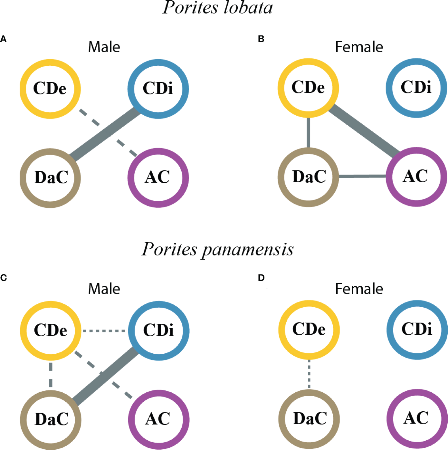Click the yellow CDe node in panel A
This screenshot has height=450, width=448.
(x=50, y=89)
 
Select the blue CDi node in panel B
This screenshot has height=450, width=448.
(x=416, y=88)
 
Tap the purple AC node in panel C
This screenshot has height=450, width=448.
(x=158, y=419)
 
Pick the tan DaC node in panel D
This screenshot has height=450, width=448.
(x=309, y=418)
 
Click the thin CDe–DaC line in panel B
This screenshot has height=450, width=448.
(x=309, y=133)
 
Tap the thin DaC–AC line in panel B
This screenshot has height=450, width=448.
(x=362, y=176)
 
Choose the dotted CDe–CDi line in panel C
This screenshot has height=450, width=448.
(x=104, y=331)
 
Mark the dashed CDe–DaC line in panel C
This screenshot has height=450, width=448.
(x=51, y=375)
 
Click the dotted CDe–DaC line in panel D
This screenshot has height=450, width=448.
(x=309, y=374)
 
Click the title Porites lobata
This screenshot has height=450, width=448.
(x=218, y=8)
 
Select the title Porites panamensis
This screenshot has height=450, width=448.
(x=218, y=250)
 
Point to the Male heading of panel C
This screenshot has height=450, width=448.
(x=104, y=289)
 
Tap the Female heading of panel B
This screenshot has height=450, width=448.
(x=359, y=47)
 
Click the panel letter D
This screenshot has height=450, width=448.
(x=261, y=278)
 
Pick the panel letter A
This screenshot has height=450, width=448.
(x=3, y=39)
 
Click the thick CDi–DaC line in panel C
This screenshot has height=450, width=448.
(x=106, y=376)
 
